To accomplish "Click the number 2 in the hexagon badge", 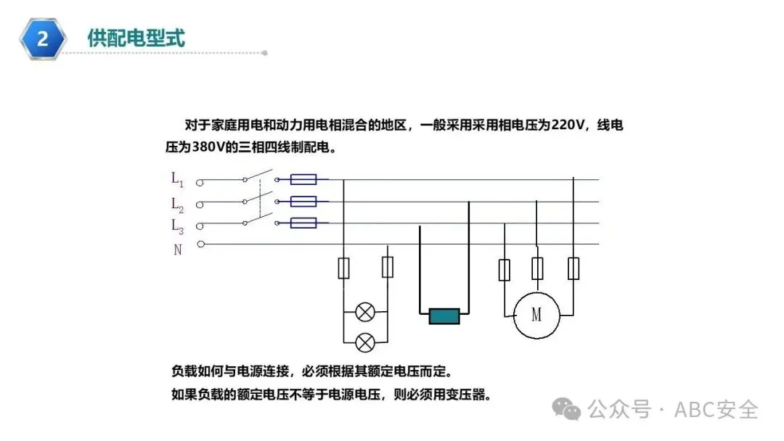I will click(43, 38).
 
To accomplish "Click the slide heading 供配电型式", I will click(136, 38).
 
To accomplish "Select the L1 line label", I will click(177, 178).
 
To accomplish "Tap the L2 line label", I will click(177, 204).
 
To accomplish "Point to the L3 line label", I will click(177, 226).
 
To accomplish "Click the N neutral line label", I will click(177, 250).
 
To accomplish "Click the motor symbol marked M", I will click(536, 315).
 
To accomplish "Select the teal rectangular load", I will click(444, 316).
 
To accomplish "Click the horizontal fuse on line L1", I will click(303, 179).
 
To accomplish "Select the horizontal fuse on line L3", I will click(303, 223).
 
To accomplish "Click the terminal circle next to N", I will click(201, 244).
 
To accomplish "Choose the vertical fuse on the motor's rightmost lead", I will click(573, 269).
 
